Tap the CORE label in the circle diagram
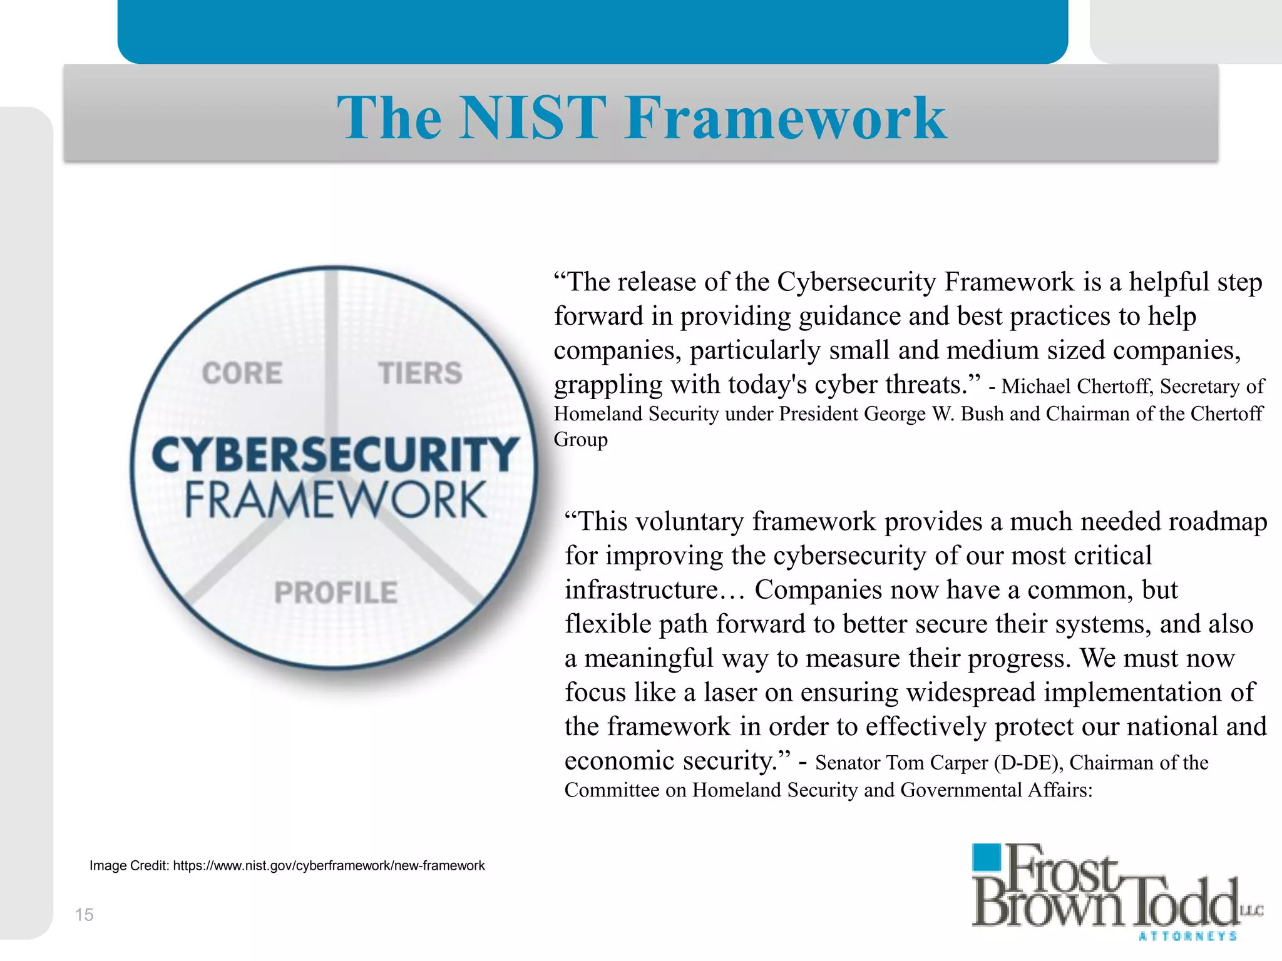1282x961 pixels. pos(242,374)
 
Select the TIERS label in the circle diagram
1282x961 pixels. pos(420,374)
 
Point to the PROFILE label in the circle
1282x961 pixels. pos(336,592)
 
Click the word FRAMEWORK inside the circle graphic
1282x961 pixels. pos(336,500)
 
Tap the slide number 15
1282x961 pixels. pos(84,915)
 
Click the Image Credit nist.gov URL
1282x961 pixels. pos(329,866)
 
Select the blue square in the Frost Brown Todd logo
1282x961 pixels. pos(987,857)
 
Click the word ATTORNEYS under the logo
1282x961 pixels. pos(1187,937)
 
